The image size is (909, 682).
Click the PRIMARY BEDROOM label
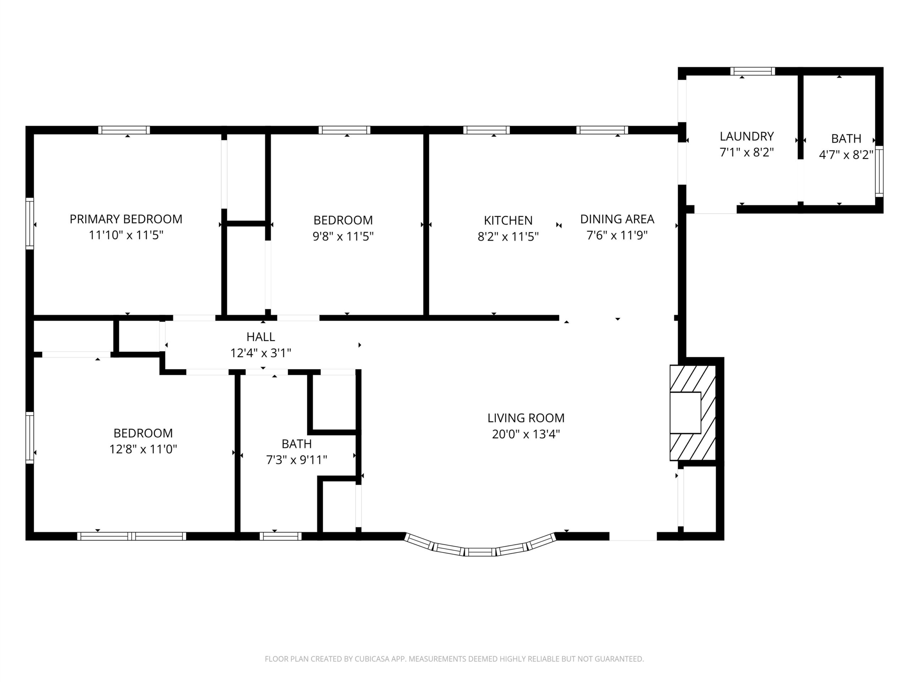click(126, 219)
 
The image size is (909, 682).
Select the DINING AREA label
click(617, 219)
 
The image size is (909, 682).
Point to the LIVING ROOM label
click(526, 418)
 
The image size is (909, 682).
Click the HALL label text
click(261, 337)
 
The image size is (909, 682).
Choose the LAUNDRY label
click(747, 136)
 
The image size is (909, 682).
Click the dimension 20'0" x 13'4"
click(526, 434)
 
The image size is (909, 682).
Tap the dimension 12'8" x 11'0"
click(143, 449)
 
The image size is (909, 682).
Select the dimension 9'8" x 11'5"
click(343, 236)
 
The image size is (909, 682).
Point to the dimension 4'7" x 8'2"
click(846, 155)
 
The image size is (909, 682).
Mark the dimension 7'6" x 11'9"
click(617, 235)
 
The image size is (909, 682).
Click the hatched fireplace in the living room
click(693, 413)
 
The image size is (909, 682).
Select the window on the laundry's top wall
click(752, 71)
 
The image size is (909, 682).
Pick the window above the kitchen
click(486, 130)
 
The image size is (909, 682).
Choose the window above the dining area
click(602, 130)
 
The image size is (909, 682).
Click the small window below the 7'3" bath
click(280, 536)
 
